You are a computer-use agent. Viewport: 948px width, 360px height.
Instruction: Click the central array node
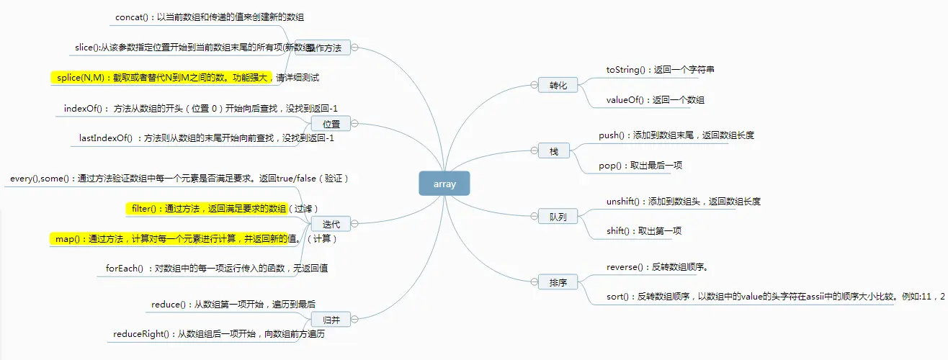(x=444, y=184)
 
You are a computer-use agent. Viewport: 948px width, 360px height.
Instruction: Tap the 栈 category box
(x=554, y=151)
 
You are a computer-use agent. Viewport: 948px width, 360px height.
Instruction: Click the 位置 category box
(x=331, y=124)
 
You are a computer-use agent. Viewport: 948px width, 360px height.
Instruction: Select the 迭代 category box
(x=331, y=224)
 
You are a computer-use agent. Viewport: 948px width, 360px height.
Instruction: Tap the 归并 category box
(x=331, y=319)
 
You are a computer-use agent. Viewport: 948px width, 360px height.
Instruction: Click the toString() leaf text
(x=660, y=70)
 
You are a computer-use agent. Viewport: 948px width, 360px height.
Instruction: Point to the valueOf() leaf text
(x=655, y=100)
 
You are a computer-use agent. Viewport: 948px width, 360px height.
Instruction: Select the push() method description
(x=676, y=135)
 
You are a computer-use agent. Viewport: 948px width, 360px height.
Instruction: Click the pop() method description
(x=640, y=166)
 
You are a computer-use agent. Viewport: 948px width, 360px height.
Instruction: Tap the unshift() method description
(x=683, y=202)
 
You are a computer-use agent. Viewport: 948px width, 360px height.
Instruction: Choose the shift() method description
(x=643, y=231)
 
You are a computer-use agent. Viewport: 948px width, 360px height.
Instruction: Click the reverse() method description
(x=658, y=267)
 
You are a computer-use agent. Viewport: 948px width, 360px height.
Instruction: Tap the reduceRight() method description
(x=219, y=334)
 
